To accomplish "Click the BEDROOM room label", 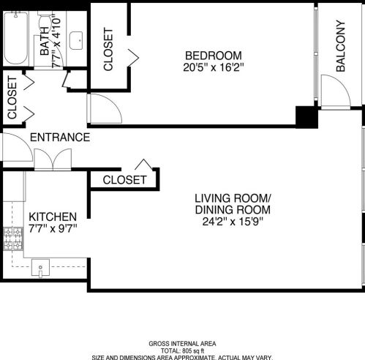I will coord(213,56).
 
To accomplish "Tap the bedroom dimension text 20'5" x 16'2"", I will coord(213,67).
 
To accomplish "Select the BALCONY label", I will coord(341,46).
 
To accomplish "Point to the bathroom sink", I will coord(76,41).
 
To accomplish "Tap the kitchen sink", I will coord(42,268).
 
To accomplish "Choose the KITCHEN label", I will coord(53,217).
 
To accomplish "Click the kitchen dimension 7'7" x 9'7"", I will coord(53,229).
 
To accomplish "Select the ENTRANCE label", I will coord(60,138).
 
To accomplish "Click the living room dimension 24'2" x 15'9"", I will coord(233,222).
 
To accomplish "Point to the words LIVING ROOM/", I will coord(233,198).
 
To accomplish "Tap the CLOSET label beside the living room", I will coord(124,180).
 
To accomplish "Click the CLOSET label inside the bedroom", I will coord(108,50).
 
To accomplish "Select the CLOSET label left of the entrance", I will coord(12,99).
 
